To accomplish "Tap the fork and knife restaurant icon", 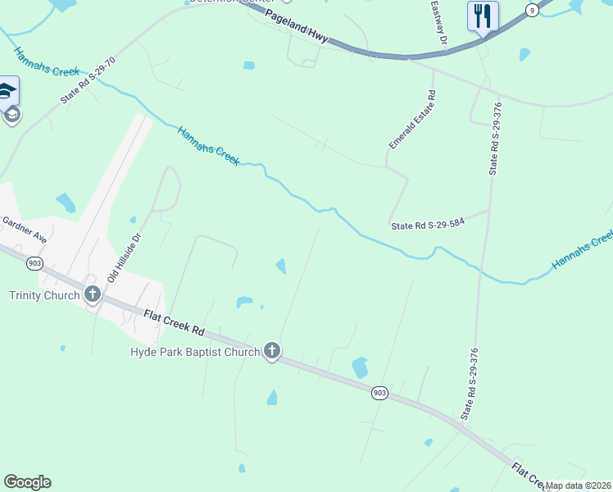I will click(483, 16).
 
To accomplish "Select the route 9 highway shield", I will click(533, 10).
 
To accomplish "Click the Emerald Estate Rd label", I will click(411, 120).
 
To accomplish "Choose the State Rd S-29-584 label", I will click(428, 225).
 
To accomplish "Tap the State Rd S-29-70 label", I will click(89, 79).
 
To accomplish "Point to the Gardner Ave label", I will click(24, 229).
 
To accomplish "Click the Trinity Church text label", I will click(44, 295).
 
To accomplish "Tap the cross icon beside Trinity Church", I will click(92, 294).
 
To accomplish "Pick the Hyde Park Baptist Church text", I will click(195, 352).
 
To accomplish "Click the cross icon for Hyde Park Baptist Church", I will click(272, 352).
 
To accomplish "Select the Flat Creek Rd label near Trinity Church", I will click(174, 322).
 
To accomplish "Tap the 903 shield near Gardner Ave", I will click(34, 263).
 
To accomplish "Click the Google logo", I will click(27, 482).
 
